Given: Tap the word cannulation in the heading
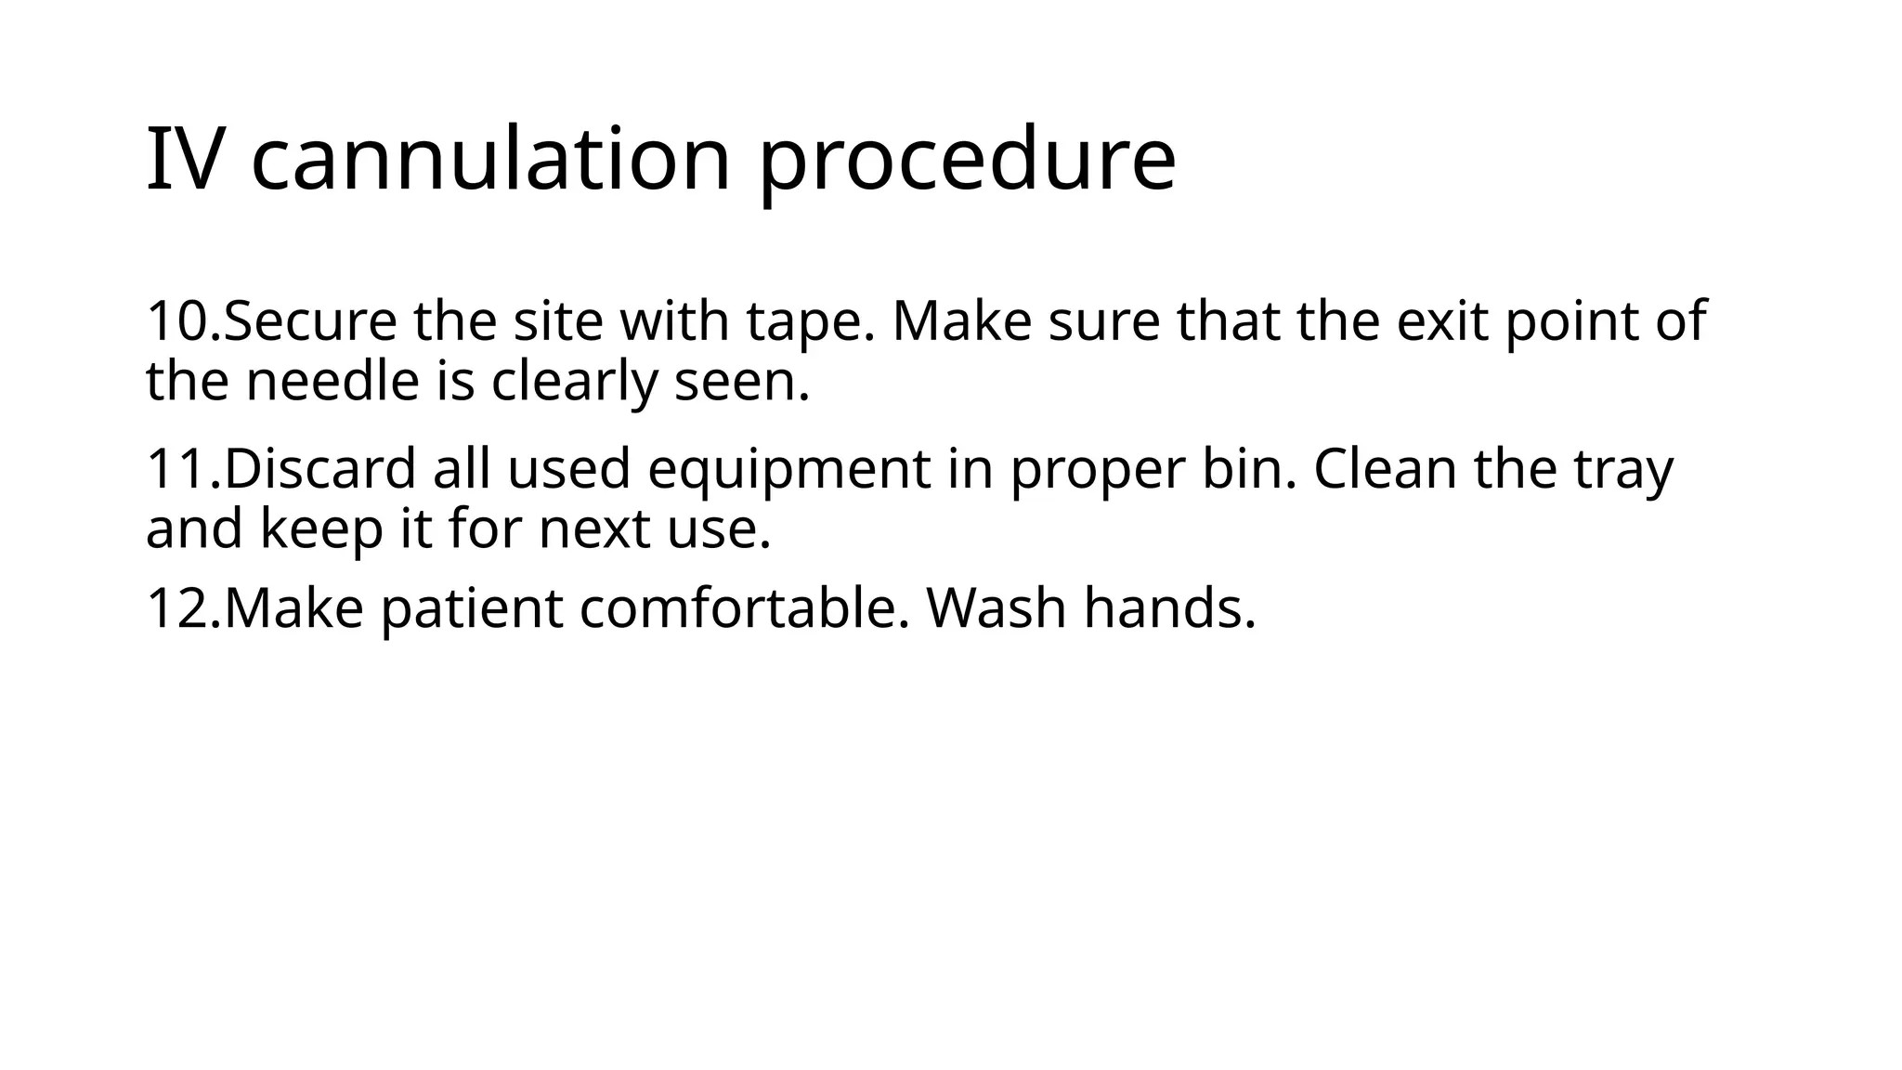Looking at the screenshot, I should [491, 160].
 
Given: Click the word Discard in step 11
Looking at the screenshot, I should [319, 468].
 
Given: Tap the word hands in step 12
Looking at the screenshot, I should [1169, 608].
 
